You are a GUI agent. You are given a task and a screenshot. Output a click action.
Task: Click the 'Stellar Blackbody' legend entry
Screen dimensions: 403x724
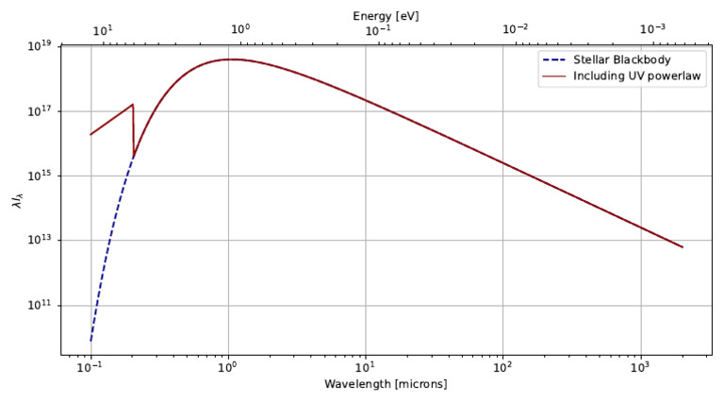pyautogui.click(x=614, y=59)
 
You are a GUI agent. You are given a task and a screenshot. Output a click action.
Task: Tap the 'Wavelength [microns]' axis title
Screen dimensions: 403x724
pyautogui.click(x=386, y=385)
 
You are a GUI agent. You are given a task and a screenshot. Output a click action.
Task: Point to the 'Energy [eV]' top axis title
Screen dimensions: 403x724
pyautogui.click(x=386, y=16)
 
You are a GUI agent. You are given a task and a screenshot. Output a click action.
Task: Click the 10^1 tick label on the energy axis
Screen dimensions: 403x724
pyautogui.click(x=103, y=31)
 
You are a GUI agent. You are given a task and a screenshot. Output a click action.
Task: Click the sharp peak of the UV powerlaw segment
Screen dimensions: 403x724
pyautogui.click(x=133, y=104)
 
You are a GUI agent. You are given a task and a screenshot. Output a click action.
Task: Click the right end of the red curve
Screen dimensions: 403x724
pyautogui.click(x=683, y=247)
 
